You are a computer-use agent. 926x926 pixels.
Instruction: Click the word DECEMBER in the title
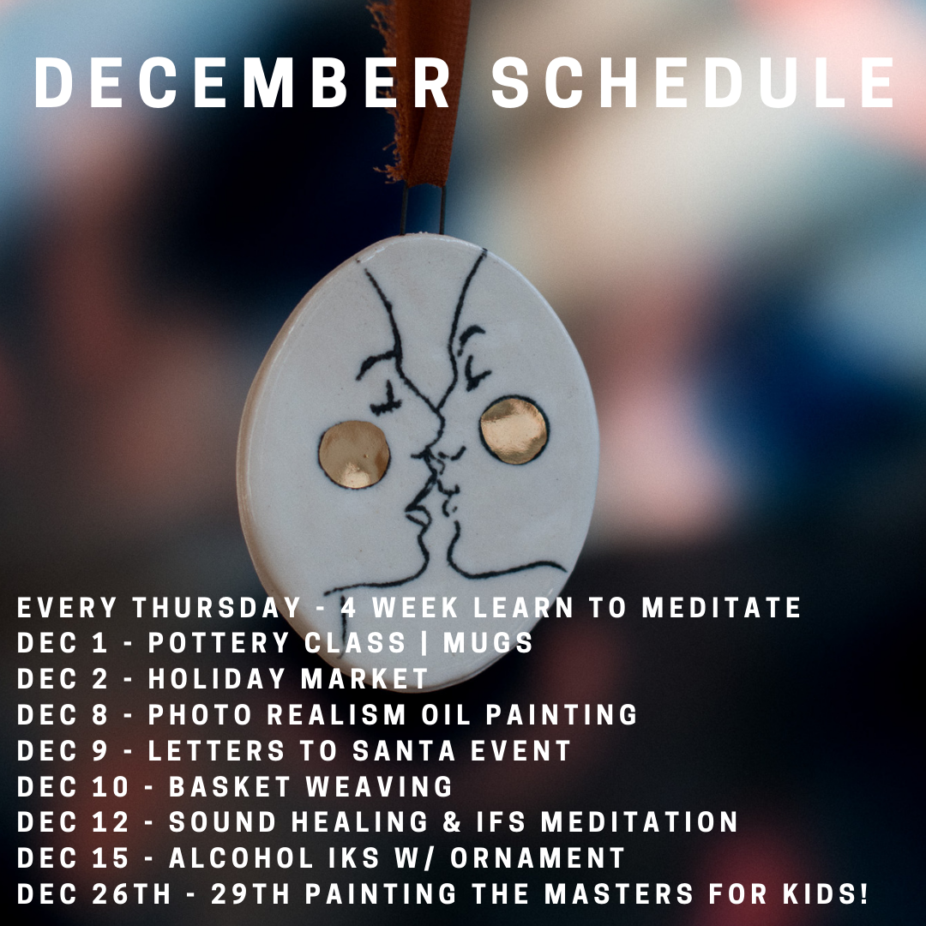coord(242,82)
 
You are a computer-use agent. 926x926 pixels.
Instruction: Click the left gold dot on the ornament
coord(354,454)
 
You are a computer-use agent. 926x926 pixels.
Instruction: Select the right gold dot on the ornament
coord(514,430)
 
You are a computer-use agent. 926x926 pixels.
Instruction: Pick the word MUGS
coord(489,643)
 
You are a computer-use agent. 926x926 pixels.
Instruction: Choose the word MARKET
coord(364,679)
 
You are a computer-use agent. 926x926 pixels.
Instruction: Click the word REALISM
coord(337,714)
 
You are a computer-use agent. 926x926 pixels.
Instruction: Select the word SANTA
coord(404,750)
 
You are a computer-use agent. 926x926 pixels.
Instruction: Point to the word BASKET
coord(230,786)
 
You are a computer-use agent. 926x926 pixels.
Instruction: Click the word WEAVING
coord(379,786)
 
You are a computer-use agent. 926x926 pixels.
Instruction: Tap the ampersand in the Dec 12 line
coord(452,822)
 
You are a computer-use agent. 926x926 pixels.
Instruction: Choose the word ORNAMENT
coord(538,858)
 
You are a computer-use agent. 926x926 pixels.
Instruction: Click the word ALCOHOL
coord(241,858)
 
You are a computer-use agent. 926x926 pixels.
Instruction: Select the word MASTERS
coord(618,894)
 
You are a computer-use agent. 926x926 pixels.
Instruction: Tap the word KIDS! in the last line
coord(827,894)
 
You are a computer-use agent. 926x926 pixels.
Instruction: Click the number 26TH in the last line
coord(132,894)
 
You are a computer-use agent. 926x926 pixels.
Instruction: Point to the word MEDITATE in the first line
coord(722,608)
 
